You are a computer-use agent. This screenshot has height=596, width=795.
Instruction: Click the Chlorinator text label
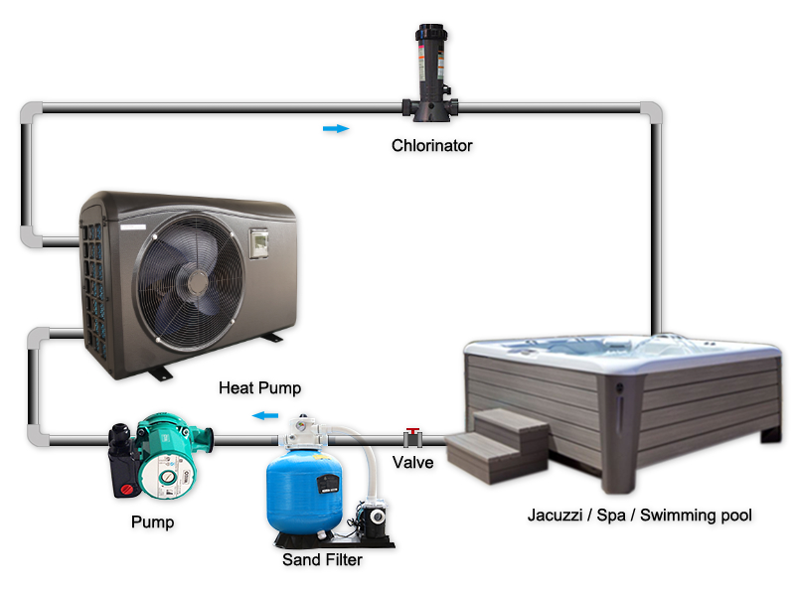(x=431, y=145)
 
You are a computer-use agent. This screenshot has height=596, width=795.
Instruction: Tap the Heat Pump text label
(x=259, y=388)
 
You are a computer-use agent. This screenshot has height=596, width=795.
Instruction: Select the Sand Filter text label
(x=322, y=559)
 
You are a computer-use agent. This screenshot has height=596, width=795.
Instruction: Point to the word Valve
(x=412, y=462)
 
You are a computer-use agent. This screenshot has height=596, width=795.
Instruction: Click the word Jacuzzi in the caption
(x=555, y=515)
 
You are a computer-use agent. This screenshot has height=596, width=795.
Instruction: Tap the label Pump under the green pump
(x=153, y=522)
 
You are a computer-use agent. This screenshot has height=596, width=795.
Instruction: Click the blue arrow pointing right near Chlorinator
(x=336, y=129)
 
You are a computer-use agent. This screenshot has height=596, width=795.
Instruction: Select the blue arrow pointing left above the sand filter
(x=265, y=416)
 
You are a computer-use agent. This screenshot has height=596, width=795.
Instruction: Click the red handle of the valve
(x=412, y=431)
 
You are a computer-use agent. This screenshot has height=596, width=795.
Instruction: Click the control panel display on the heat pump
(x=258, y=242)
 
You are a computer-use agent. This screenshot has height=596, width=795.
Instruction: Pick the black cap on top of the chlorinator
(x=431, y=33)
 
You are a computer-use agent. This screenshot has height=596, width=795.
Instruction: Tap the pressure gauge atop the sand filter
(x=303, y=423)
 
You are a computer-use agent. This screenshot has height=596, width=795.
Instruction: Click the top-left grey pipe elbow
(x=32, y=113)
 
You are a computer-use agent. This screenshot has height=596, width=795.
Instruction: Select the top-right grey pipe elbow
(x=651, y=113)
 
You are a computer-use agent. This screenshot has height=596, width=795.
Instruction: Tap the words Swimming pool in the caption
(x=696, y=515)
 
